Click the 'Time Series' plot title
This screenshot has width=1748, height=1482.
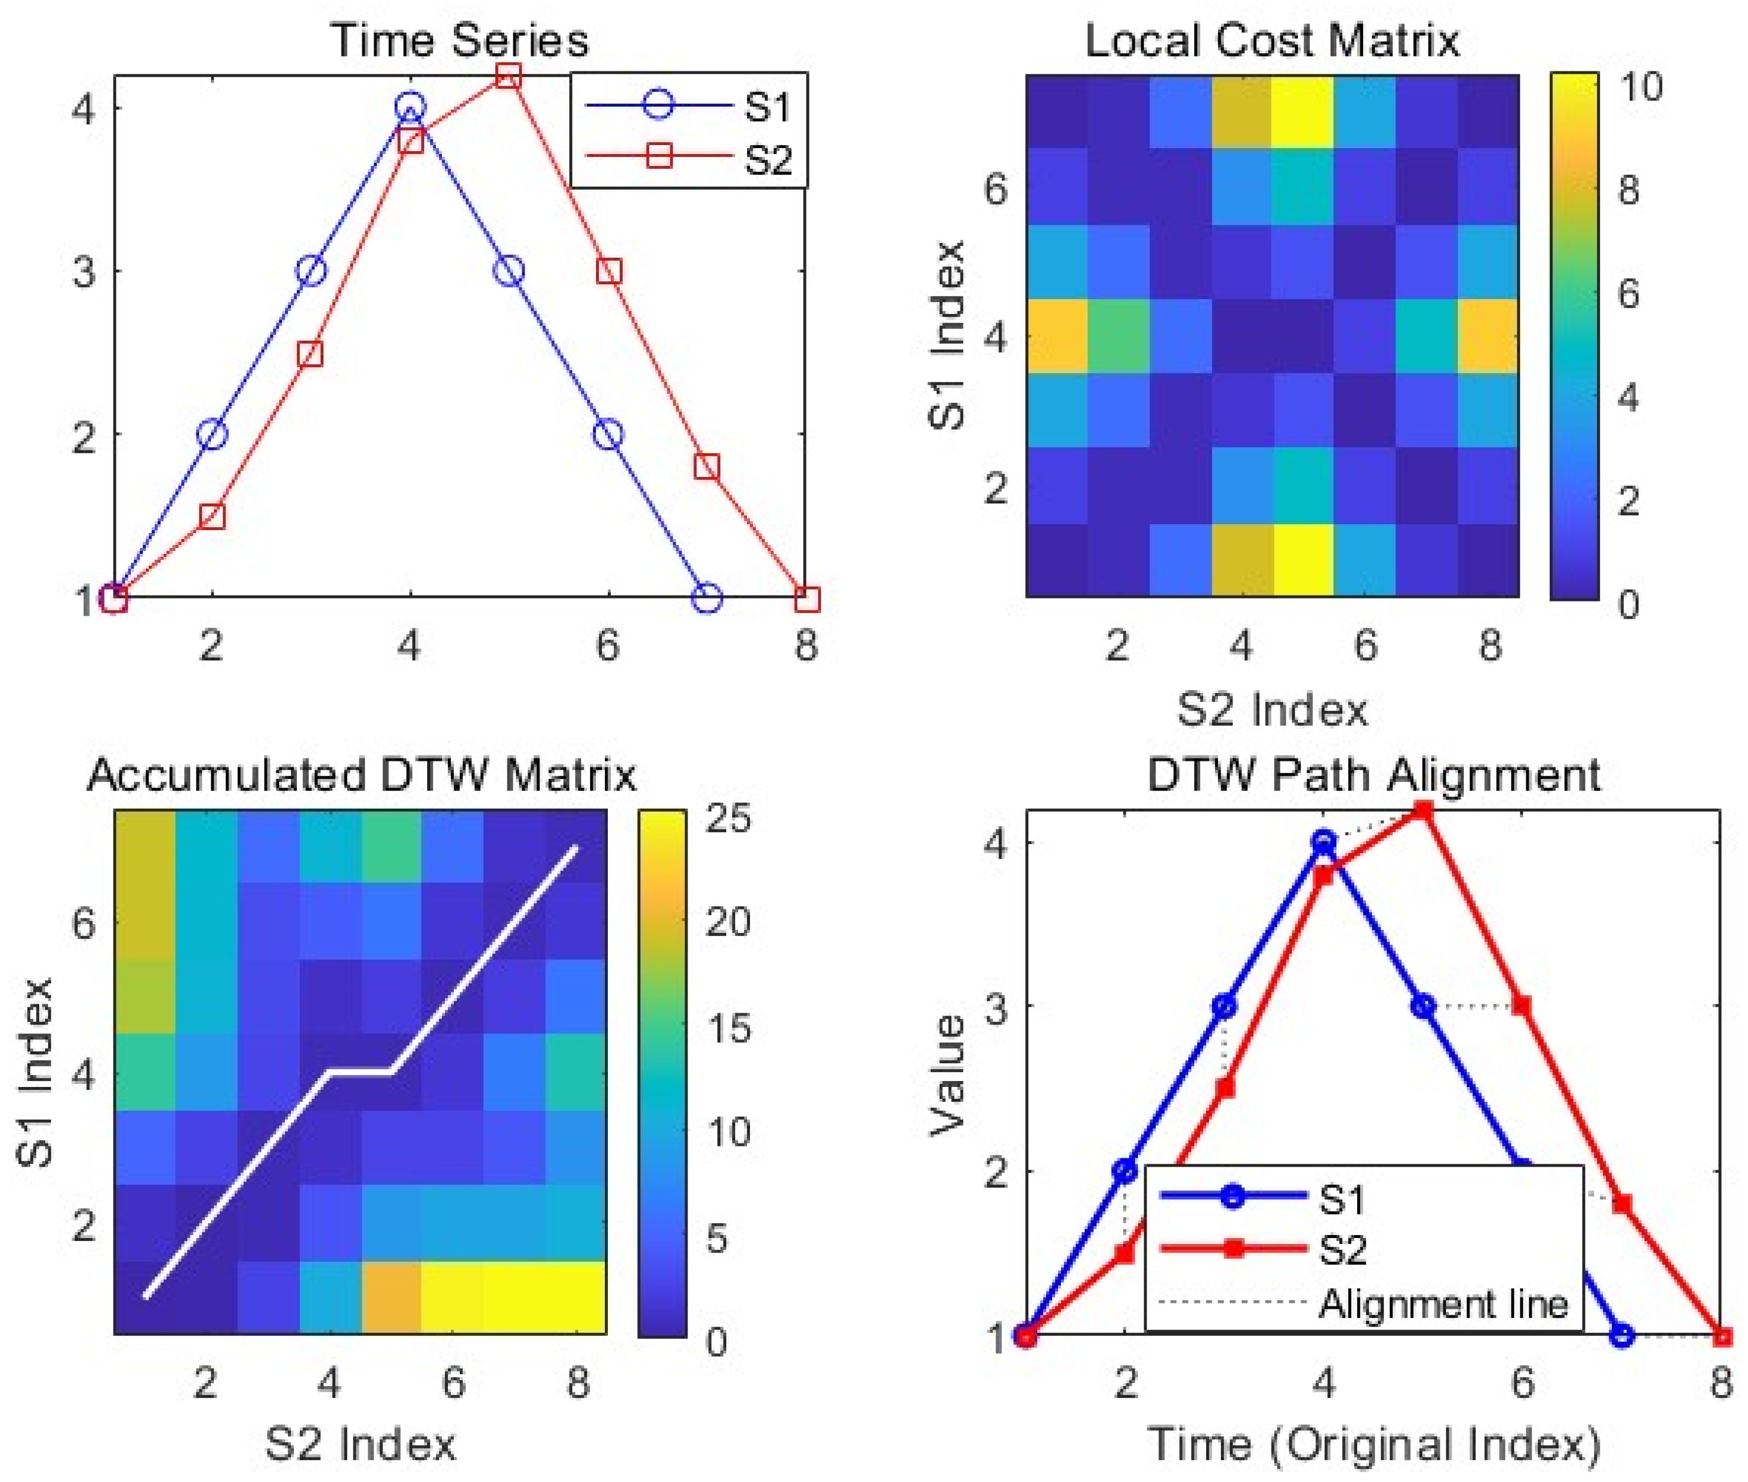click(x=460, y=40)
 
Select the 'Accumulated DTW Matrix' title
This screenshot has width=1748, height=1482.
click(x=361, y=774)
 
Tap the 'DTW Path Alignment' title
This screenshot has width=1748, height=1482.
click(x=1373, y=774)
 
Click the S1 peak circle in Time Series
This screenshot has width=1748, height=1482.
click(x=410, y=106)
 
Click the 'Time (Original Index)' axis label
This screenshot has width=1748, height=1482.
click(x=1373, y=1444)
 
